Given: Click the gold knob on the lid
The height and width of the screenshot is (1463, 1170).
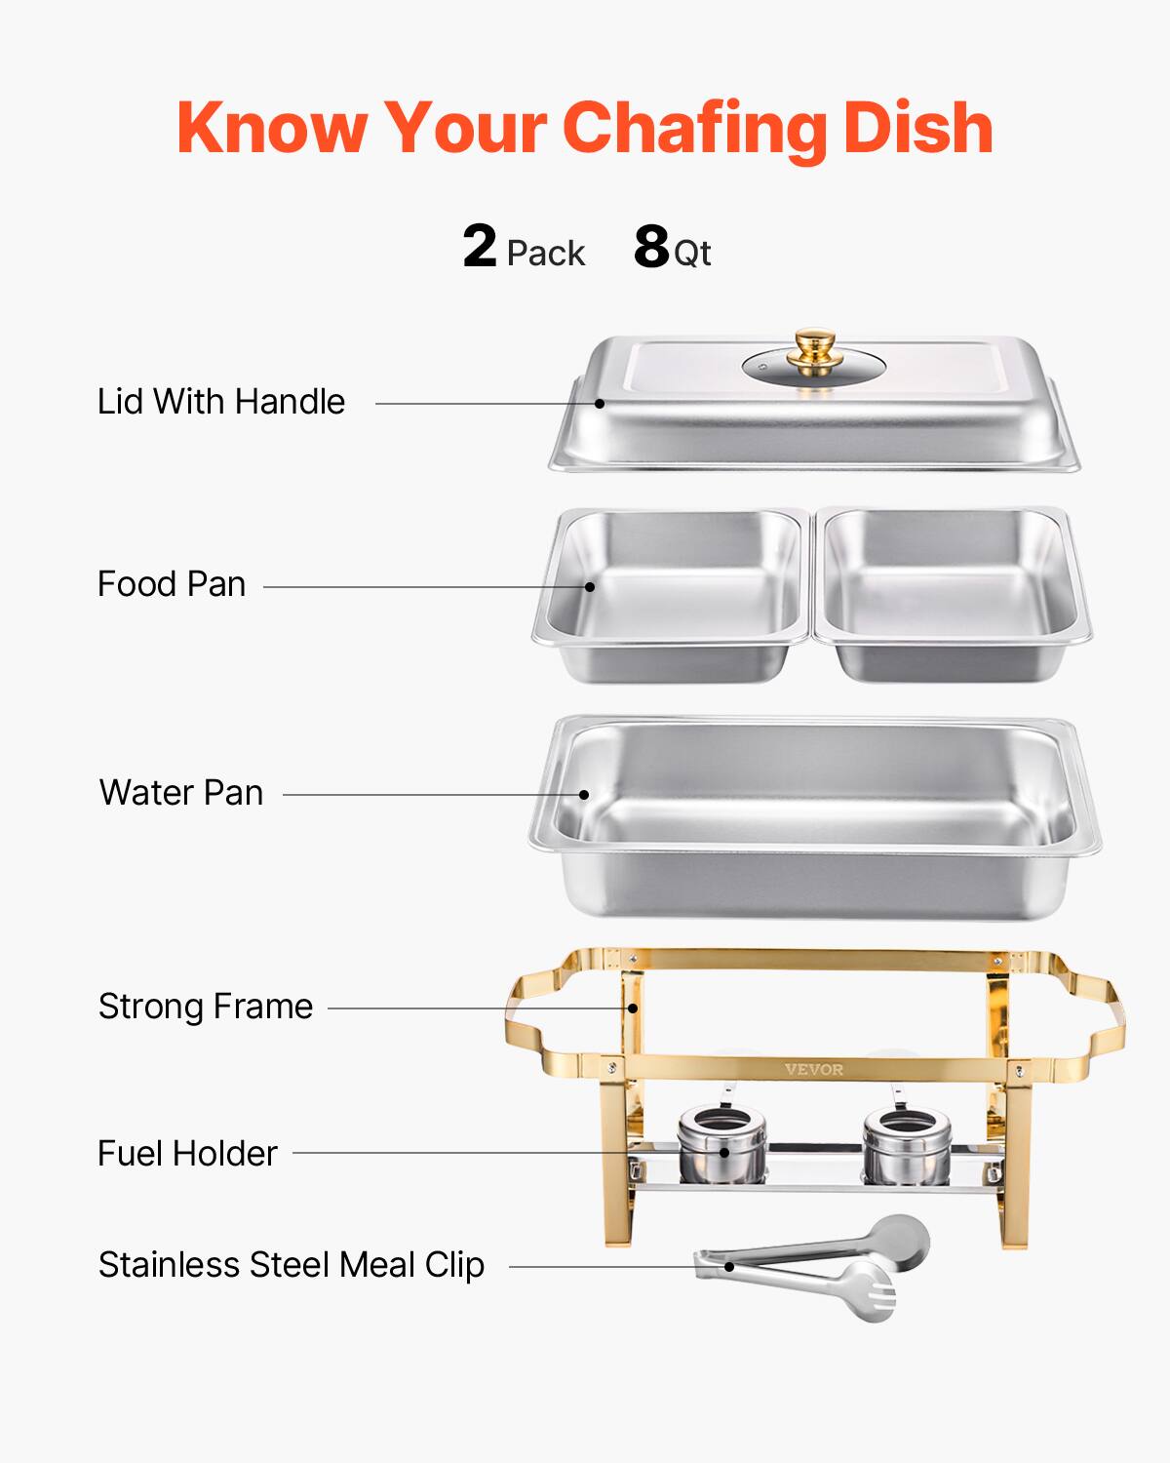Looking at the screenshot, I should click(814, 347).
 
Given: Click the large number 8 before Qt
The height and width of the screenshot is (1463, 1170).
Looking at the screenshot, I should click(651, 247).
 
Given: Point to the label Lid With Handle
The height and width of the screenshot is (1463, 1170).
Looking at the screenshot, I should click(221, 402).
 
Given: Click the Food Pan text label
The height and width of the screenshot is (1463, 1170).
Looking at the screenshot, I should click(172, 584).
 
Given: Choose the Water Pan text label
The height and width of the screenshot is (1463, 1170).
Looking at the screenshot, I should click(181, 793).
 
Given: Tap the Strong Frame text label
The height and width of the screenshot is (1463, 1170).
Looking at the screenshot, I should click(206, 1007).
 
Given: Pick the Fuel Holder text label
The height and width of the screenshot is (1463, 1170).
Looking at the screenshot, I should click(187, 1154).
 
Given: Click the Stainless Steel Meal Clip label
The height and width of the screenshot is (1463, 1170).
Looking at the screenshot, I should click(292, 1265).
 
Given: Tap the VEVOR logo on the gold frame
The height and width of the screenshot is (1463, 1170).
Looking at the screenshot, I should click(814, 1070).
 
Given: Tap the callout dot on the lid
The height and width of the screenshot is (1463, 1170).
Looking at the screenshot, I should click(601, 403).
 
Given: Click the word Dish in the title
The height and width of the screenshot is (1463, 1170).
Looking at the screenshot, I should click(917, 128).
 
